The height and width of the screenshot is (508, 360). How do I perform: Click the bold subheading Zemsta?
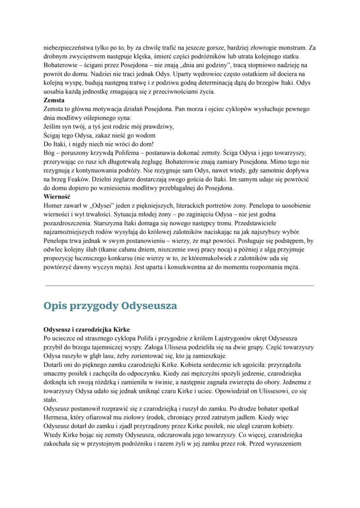pos(54,100)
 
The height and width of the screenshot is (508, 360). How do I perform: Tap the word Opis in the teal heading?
pos(58,305)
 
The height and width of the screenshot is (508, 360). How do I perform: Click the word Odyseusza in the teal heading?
pos(149,305)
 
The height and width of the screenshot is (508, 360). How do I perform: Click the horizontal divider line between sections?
pos(180,286)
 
